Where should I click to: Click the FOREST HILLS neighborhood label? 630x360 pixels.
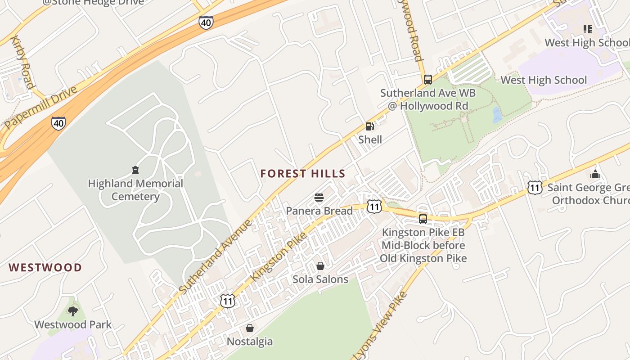pyautogui.click(x=303, y=174)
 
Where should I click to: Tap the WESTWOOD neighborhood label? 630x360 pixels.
pyautogui.click(x=45, y=268)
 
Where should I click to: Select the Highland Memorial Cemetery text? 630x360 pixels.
pyautogui.click(x=135, y=190)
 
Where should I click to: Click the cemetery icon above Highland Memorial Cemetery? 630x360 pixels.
pyautogui.click(x=135, y=170)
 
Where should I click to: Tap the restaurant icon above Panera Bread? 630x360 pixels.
pyautogui.click(x=319, y=198)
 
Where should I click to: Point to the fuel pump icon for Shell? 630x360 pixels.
pyautogui.click(x=369, y=126)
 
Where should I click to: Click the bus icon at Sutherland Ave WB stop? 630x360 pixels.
pyautogui.click(x=427, y=80)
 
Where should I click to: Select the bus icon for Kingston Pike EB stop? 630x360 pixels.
pyautogui.click(x=423, y=219)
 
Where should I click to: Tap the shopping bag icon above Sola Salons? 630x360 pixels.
pyautogui.click(x=320, y=266)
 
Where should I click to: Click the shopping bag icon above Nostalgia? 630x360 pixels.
pyautogui.click(x=250, y=328)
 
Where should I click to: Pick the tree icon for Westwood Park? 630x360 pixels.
pyautogui.click(x=72, y=311)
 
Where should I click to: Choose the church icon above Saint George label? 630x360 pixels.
pyautogui.click(x=595, y=174)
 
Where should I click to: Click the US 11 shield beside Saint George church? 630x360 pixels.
pyautogui.click(x=535, y=187)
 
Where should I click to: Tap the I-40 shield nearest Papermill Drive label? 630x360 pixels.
pyautogui.click(x=58, y=123)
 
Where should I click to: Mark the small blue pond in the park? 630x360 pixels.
pyautogui.click(x=497, y=115)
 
